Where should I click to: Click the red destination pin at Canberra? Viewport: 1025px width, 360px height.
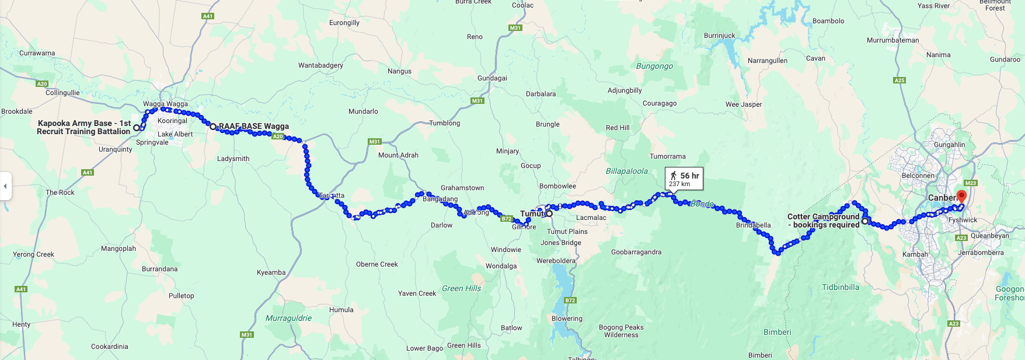point(961,195)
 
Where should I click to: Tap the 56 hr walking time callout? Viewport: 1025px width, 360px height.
point(684,179)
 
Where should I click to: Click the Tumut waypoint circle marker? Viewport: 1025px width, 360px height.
point(549,214)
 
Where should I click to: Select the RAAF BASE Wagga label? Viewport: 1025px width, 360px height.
point(254,126)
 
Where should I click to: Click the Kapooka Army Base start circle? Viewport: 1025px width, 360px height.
point(137,128)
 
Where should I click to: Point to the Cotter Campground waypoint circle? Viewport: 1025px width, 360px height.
point(865,221)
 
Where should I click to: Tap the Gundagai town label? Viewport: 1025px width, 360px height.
point(492,78)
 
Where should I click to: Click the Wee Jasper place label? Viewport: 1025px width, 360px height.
point(744,104)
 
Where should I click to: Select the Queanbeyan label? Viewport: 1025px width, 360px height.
point(989,236)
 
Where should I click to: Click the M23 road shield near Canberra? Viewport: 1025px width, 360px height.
point(971,183)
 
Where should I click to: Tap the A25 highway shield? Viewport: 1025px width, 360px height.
point(900,81)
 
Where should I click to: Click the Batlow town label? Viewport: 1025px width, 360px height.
point(511,328)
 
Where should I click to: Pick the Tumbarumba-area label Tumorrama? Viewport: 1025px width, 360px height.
point(668,156)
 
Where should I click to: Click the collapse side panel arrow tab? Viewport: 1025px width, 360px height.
point(5,186)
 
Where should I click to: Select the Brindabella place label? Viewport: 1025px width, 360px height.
point(753,225)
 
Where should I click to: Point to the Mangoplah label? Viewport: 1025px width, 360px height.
point(118,249)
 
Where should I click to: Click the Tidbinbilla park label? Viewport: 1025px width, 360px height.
point(841,287)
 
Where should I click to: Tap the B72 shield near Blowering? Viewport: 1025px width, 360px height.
point(570,300)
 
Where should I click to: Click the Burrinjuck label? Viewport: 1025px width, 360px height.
point(720,36)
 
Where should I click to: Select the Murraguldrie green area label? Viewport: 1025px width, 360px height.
point(288,318)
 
